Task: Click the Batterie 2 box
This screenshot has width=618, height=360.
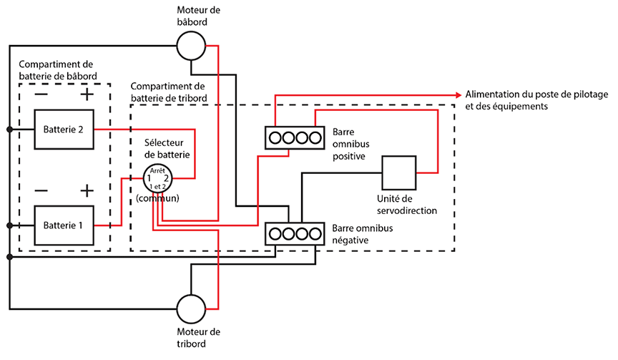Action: (63, 130)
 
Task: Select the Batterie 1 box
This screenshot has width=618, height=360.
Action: (63, 225)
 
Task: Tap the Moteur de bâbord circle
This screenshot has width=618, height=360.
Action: (191, 47)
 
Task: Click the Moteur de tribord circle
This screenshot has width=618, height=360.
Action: (191, 310)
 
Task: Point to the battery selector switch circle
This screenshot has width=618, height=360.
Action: (157, 177)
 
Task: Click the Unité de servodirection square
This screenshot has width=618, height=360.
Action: (399, 172)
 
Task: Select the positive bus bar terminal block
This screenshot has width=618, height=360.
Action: (290, 136)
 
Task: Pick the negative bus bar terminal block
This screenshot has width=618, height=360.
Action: (290, 233)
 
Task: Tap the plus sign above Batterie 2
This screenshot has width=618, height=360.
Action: (87, 94)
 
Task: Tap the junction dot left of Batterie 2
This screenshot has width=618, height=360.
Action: (9, 130)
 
